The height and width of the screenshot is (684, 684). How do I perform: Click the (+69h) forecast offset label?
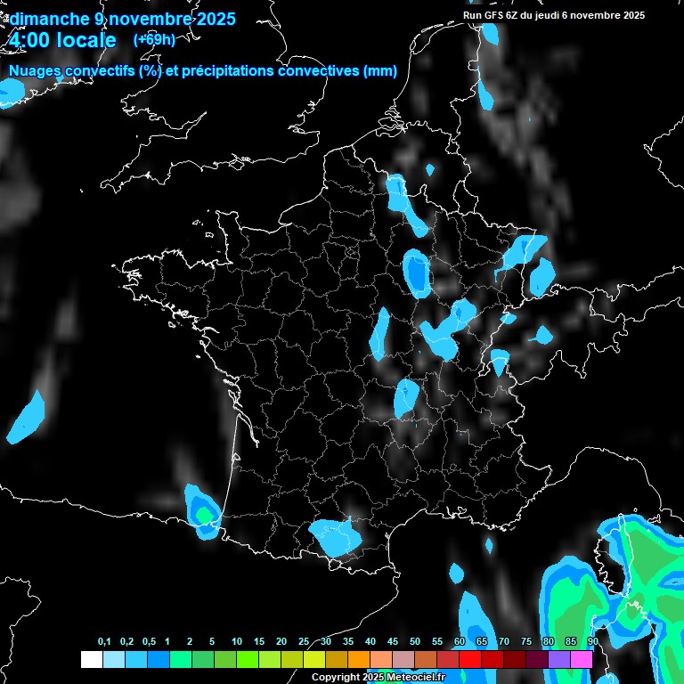pos(153,39)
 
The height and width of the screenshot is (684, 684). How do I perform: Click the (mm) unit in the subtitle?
pos(379,71)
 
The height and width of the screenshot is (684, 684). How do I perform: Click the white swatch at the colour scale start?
pos(91,660)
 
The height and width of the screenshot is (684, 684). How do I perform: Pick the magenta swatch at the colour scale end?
pos(582,660)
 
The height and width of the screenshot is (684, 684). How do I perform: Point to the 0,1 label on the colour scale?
pos(104,642)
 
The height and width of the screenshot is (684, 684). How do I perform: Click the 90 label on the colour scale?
pos(592,642)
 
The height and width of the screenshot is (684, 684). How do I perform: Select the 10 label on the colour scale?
pos(236,642)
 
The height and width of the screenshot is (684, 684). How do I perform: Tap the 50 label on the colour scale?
pos(415,642)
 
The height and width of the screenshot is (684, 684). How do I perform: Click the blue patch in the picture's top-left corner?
pos(11,91)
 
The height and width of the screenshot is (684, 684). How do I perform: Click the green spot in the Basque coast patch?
pos(205,514)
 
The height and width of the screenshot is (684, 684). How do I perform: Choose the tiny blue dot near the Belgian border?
pos(430,169)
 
